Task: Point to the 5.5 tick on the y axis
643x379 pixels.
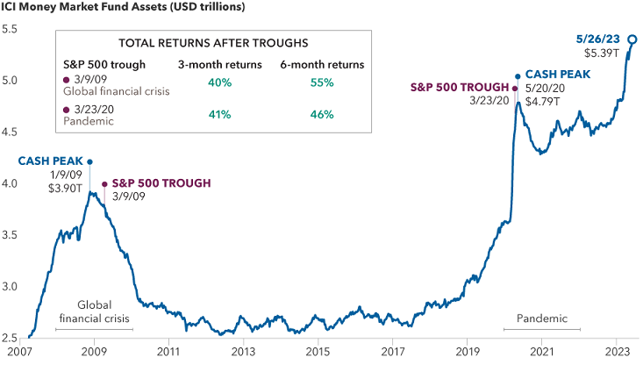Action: tap(10, 29)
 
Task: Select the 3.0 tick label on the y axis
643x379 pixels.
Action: tap(10, 286)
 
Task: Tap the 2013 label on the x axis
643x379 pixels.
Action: tap(243, 353)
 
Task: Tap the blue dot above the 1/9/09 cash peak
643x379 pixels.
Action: tap(89, 161)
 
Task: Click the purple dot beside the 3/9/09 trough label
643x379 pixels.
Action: tap(105, 184)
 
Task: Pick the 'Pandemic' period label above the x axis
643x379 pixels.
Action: tap(542, 318)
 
